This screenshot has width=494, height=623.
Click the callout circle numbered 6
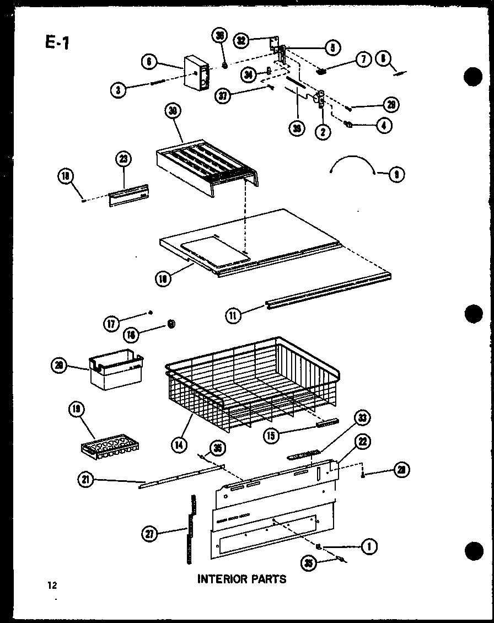pos(148,63)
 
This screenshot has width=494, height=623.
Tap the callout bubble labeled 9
pos(396,175)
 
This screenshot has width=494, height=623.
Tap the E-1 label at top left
pos(56,42)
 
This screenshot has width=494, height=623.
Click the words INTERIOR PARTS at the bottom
pos(241,579)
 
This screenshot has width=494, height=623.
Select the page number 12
pos(52,585)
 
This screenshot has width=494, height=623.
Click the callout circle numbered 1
pos(368,547)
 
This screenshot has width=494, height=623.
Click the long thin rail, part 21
pos(182,476)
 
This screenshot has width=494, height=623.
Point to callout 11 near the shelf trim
pos(234,315)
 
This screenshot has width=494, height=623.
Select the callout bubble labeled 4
pos(383,125)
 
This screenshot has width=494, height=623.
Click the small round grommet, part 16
pos(171,324)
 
